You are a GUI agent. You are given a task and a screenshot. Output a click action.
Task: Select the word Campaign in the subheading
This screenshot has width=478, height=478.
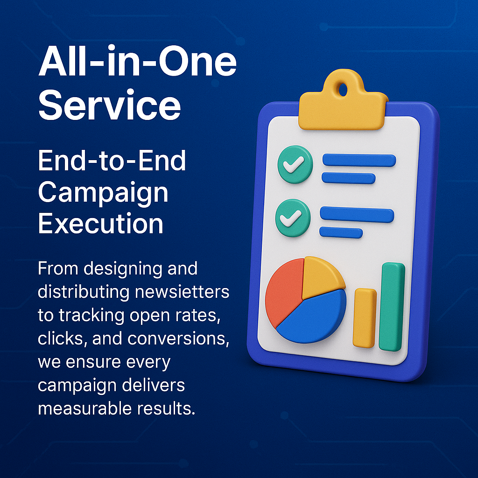click(103, 192)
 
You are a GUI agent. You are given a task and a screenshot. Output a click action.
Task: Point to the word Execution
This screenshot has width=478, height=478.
click(101, 224)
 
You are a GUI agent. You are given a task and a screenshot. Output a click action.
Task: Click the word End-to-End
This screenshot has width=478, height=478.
click(112, 162)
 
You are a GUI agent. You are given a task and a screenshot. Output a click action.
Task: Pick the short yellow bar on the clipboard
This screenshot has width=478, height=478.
click(365, 318)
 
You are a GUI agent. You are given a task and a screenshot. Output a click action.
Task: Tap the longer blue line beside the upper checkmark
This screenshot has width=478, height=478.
click(359, 161)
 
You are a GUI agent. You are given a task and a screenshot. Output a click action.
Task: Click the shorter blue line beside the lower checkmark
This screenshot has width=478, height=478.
click(341, 232)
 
